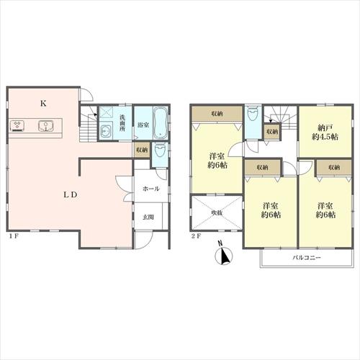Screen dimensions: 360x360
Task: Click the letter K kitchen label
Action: click(43, 104)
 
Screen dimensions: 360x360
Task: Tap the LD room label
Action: click(71, 194)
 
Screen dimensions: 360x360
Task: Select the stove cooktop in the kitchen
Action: click(17, 126)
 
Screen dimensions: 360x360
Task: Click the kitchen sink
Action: click(45, 125)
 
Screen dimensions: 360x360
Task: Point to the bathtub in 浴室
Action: click(160, 122)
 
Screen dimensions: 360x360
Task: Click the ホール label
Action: click(151, 189)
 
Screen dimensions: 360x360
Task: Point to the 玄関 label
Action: click(148, 217)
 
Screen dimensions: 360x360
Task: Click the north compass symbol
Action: click(224, 255)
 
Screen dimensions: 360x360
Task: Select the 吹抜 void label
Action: click(216, 212)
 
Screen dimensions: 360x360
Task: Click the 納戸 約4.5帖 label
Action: click(325, 132)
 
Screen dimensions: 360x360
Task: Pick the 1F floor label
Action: click(14, 236)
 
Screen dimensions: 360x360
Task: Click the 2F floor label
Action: click(196, 236)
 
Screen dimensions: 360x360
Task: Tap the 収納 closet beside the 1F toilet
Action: click(142, 150)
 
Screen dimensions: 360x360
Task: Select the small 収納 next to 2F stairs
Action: click(272, 131)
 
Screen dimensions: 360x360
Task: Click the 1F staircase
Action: click(89, 124)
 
